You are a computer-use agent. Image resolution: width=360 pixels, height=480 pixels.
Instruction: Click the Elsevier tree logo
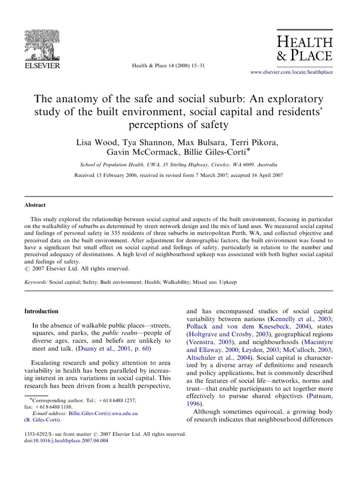point(42,45)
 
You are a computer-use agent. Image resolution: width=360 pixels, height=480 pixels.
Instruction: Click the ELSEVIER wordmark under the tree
point(42,66)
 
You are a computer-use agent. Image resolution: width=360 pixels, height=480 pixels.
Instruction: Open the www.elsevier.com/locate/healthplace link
point(292,72)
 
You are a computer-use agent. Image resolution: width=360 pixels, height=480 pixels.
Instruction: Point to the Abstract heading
point(35,205)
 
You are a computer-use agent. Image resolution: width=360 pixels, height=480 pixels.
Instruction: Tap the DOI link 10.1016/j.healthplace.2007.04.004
point(70,441)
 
